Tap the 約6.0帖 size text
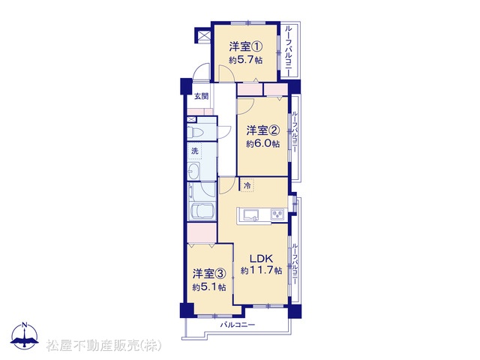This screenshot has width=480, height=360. click(263, 144)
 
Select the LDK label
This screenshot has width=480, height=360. click(261, 259)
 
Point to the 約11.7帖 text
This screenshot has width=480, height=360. click(261, 271)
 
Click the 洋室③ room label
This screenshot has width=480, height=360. click(209, 274)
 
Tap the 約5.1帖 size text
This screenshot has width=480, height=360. click(209, 287)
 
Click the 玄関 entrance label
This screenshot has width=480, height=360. click(202, 96)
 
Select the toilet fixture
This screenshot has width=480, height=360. click(195, 132)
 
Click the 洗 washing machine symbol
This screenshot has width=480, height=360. click(195, 151)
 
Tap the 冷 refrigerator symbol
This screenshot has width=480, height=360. click(247, 185)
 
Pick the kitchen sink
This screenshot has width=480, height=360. click(251, 215)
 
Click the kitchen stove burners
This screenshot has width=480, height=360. click(278, 214)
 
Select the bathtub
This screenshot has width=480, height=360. click(202, 211)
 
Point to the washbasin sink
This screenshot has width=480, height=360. click(193, 171)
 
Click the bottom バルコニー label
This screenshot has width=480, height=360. click(238, 325)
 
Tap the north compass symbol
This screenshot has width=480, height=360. click(25, 336)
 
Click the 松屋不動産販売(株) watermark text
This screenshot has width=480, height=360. click(104, 345)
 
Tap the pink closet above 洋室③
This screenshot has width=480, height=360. click(202, 233)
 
